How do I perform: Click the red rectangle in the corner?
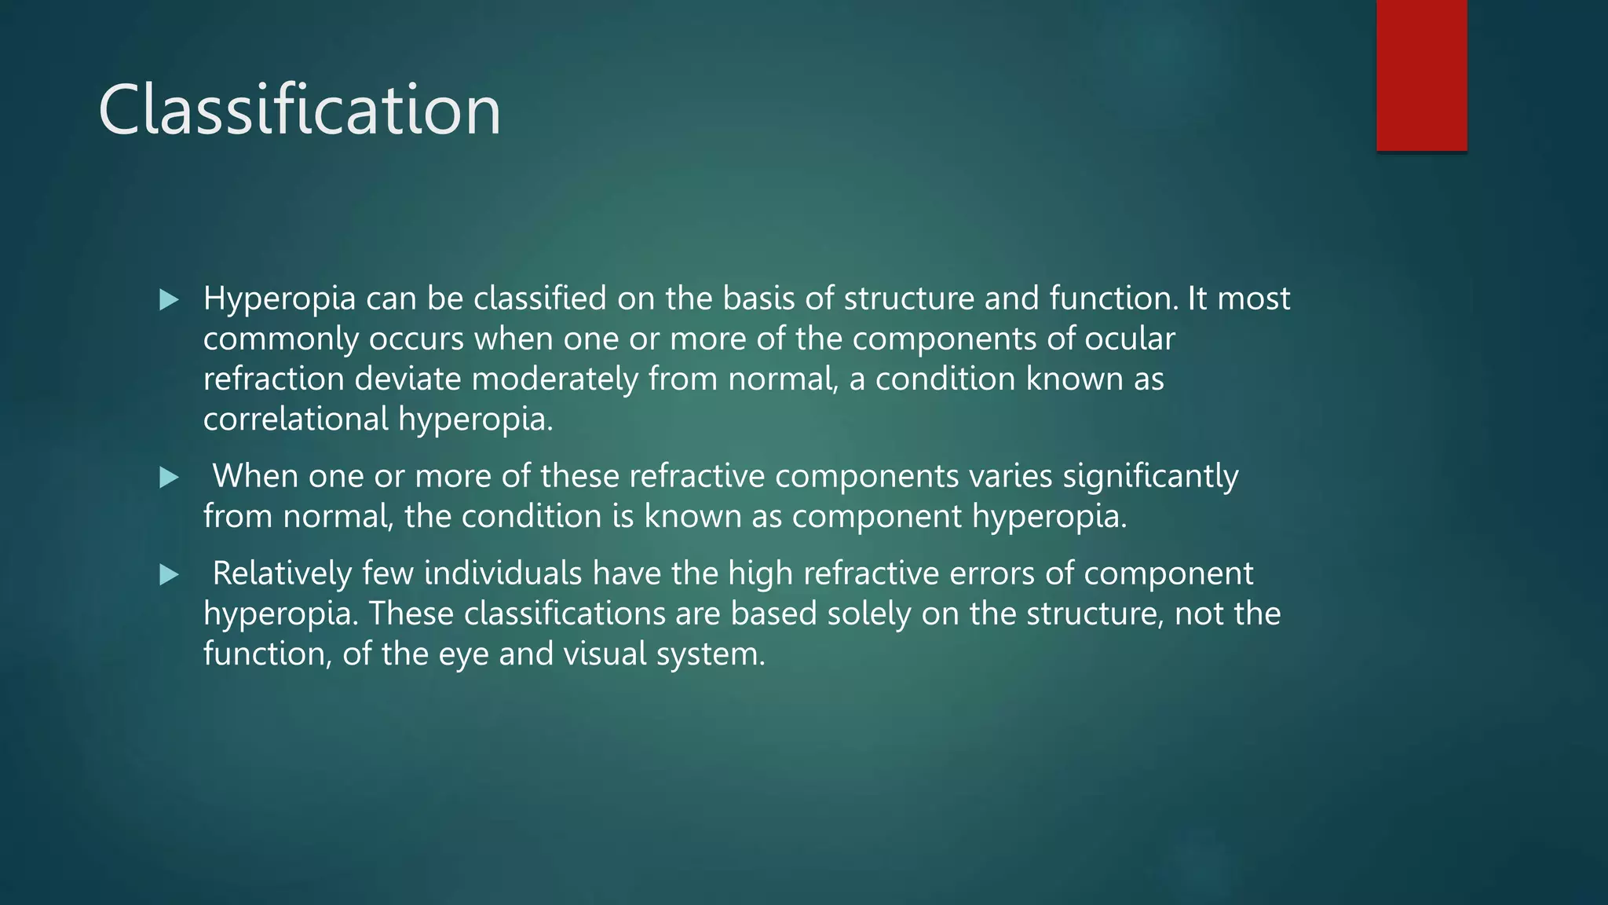tap(1421, 75)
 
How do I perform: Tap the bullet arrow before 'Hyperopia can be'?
tap(169, 299)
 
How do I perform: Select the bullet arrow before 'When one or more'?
tap(169, 477)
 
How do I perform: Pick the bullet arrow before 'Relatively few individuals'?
tap(169, 574)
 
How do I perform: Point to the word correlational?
tap(295, 419)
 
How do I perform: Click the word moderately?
tap(554, 379)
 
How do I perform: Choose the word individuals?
tap(502, 573)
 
